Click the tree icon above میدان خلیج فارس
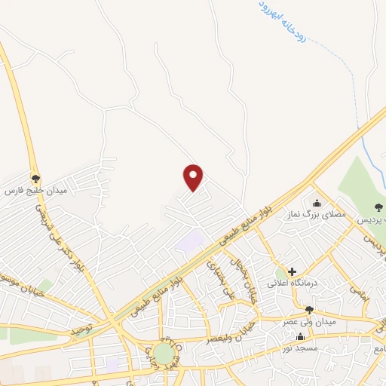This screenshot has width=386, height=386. click(36, 179)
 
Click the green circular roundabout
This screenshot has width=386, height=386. click(164, 353)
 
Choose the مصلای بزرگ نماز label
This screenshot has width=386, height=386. click(314, 215)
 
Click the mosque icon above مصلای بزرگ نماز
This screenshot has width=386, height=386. click(316, 203)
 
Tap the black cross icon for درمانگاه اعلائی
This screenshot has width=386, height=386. click(292, 271)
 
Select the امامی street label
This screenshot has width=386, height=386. click(362, 293)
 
